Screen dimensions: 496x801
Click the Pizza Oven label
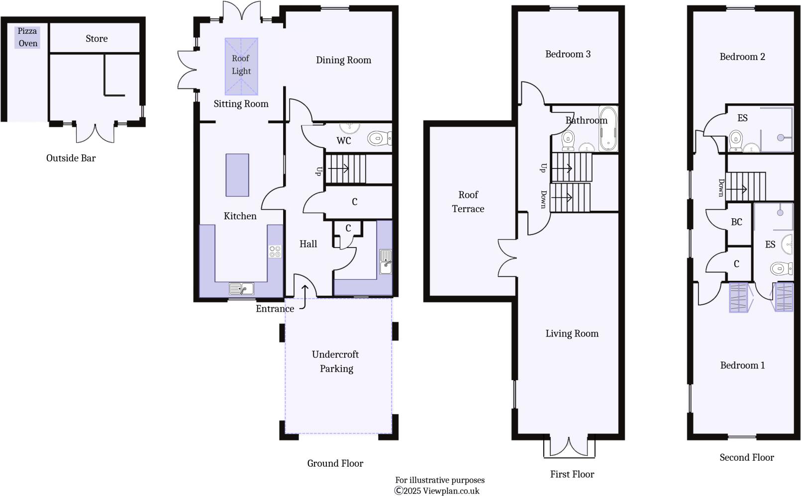(x=27, y=37)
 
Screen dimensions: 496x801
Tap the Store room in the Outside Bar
(x=96, y=39)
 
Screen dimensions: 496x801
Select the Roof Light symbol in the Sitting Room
(x=241, y=66)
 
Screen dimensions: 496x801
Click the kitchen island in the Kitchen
(x=237, y=175)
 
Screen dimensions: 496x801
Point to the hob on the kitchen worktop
(x=275, y=251)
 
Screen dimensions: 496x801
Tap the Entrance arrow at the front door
(x=304, y=297)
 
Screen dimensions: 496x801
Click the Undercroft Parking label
(x=336, y=361)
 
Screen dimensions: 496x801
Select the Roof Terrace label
(x=468, y=202)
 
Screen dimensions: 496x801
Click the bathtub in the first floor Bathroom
(x=608, y=129)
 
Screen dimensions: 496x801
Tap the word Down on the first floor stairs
(x=543, y=199)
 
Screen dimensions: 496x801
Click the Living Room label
(x=572, y=333)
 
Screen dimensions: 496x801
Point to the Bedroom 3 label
(x=568, y=54)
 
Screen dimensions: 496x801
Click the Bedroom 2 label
(x=742, y=57)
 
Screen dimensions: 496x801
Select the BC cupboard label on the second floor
(x=736, y=222)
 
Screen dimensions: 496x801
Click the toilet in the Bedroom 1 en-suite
(x=782, y=269)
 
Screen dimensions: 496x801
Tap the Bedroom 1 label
(x=742, y=365)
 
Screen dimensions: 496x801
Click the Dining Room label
(x=343, y=60)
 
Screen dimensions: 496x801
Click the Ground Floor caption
(x=335, y=463)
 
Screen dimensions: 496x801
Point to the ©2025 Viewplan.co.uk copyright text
(x=437, y=491)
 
